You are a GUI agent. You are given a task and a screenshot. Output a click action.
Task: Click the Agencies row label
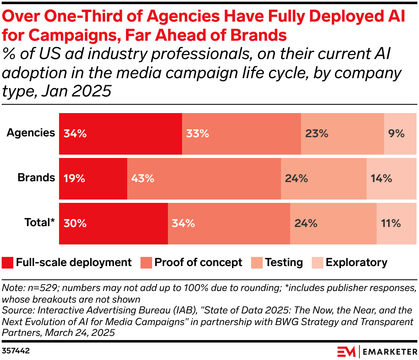pos(31,133)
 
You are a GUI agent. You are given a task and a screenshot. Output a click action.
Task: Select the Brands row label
pos(36,178)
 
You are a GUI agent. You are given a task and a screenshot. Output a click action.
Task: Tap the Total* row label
pos(39,223)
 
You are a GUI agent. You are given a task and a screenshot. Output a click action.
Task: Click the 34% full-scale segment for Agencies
pos(121,133)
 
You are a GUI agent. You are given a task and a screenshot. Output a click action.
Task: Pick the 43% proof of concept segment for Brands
pos(204,178)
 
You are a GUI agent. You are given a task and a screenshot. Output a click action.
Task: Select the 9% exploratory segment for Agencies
pos(400,133)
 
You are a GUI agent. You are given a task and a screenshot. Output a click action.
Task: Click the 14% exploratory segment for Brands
pos(391,178)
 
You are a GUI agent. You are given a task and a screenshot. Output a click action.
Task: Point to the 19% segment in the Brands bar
pos(93,178)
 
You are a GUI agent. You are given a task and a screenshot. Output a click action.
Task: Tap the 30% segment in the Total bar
pos(113,223)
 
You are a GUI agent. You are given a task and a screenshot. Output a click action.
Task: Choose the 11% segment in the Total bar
pos(396,223)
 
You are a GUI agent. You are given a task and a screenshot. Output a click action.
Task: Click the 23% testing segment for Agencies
pos(342,133)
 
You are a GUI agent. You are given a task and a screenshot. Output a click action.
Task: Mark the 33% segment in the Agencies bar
pos(241,133)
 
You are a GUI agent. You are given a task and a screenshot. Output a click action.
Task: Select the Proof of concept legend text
pos(198,263)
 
